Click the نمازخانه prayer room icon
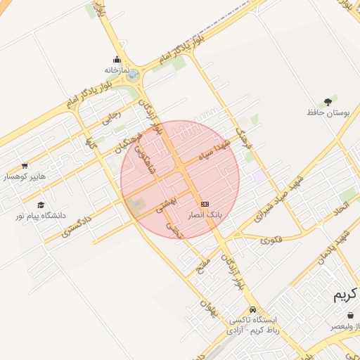click(117, 59)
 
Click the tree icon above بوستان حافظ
click(328, 102)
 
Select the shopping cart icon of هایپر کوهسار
click(25, 166)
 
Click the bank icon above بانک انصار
click(205, 203)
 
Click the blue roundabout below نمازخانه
click(132, 76)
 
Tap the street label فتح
click(198, 268)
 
